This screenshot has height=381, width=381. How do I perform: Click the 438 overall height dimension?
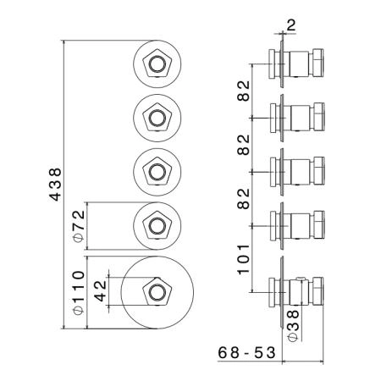pos(56,185)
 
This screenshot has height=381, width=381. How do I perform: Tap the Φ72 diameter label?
pos(79,226)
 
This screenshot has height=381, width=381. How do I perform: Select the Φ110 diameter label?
pos(79,293)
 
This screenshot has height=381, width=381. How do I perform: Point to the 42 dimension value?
pos(100,291)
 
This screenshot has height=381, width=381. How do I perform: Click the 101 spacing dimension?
pos(244,260)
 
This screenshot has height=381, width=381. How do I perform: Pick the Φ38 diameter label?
pos(293,326)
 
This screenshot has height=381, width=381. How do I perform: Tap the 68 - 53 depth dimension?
pos(246,352)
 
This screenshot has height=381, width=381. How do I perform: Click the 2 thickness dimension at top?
pos(291,25)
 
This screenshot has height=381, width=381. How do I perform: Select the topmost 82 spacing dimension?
pos(244,91)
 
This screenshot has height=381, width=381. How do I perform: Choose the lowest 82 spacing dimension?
pos(244,199)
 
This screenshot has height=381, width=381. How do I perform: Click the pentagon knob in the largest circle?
pos(157,292)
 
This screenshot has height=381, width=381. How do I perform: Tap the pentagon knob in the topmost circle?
pos(157,63)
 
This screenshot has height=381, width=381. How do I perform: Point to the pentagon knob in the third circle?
pos(157,172)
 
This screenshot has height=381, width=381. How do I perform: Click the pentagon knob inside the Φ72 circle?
pos(157,226)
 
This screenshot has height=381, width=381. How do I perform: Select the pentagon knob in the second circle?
pos(157,118)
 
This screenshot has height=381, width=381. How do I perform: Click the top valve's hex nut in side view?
pos(317,63)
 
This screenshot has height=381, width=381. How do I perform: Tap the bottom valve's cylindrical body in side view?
pos(300,292)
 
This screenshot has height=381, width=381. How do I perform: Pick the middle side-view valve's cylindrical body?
pos(300,172)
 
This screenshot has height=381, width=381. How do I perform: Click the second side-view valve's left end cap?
pos(273,118)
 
